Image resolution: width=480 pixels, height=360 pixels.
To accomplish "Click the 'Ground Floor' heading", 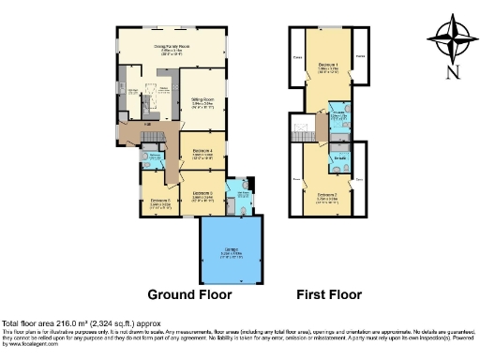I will (178, 292).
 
